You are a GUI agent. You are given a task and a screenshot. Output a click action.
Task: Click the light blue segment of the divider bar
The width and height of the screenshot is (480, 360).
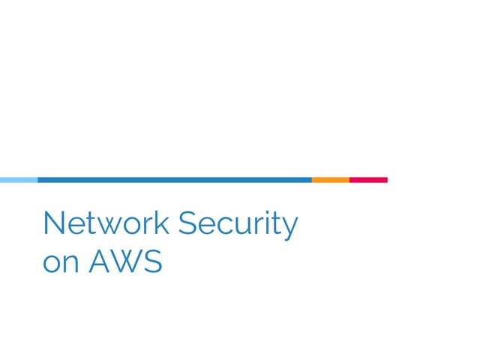[19, 180]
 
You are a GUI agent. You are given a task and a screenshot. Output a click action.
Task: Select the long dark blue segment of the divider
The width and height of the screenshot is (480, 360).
[175, 180]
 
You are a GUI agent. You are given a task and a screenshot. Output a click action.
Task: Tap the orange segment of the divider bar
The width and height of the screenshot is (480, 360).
[331, 180]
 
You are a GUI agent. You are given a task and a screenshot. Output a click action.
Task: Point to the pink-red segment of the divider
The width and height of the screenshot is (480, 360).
[369, 180]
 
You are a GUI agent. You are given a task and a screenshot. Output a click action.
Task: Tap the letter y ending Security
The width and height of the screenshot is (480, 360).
[290, 228]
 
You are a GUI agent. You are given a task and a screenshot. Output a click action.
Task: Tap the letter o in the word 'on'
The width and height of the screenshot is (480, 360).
[52, 264]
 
